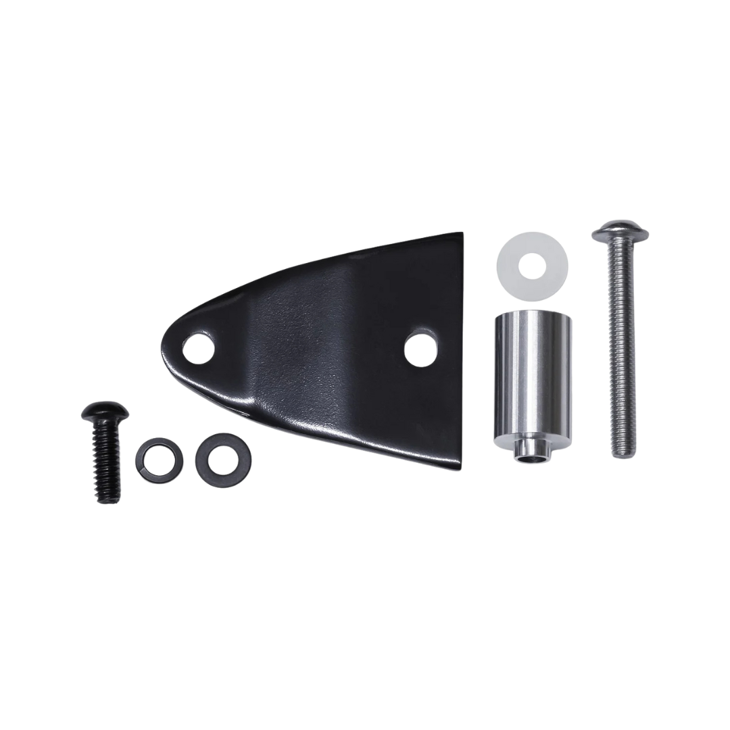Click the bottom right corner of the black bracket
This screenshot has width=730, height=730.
(462, 469)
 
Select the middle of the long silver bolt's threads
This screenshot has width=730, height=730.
(621, 351)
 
